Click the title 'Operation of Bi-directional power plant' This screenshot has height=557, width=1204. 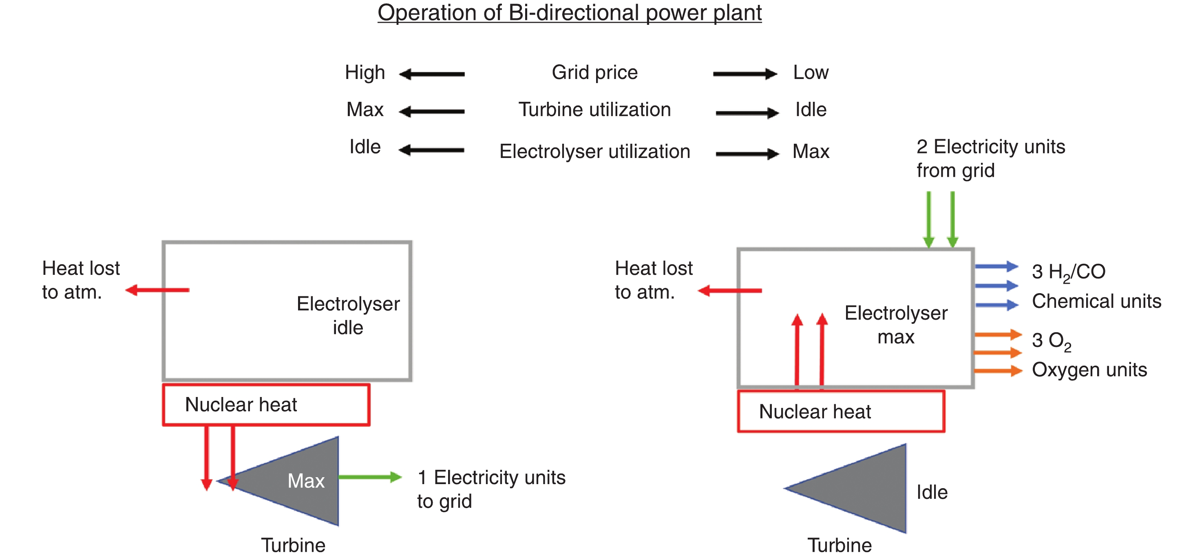click(x=569, y=13)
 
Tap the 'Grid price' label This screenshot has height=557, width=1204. click(x=594, y=73)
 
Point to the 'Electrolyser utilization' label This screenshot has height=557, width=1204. click(x=594, y=152)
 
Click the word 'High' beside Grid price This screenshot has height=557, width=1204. click(x=365, y=73)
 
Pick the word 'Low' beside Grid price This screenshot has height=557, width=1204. click(x=811, y=73)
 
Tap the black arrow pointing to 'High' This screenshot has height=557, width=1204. click(x=432, y=74)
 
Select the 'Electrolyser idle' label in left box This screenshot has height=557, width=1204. click(x=348, y=316)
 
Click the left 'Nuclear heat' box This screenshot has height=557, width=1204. click(x=266, y=405)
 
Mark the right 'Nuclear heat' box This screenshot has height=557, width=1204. click(x=841, y=412)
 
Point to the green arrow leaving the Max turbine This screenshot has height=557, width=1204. click(x=370, y=477)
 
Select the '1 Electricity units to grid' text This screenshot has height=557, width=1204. click(x=491, y=489)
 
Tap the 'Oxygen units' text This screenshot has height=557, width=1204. click(x=1089, y=370)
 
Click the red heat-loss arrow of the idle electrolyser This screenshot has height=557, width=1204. click(x=158, y=290)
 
